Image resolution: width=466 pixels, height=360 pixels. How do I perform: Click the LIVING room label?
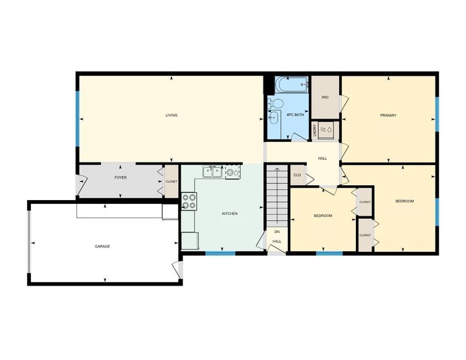171,115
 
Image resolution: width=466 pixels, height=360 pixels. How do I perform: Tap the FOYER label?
120,177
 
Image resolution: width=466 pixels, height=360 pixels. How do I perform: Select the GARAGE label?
102,246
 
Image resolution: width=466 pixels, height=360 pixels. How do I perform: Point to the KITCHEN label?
230,213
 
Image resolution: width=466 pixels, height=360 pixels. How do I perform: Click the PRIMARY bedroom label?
388,115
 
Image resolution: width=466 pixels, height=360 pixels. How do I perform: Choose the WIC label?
326,97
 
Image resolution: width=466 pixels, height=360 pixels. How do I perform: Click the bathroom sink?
273,117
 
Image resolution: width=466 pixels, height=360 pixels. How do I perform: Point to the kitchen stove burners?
190,202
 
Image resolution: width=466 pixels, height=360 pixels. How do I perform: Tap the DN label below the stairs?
276,231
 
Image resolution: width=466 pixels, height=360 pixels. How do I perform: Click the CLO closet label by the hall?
298,175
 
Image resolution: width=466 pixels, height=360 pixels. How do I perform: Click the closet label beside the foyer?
172,181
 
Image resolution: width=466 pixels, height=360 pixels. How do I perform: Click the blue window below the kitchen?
220,253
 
